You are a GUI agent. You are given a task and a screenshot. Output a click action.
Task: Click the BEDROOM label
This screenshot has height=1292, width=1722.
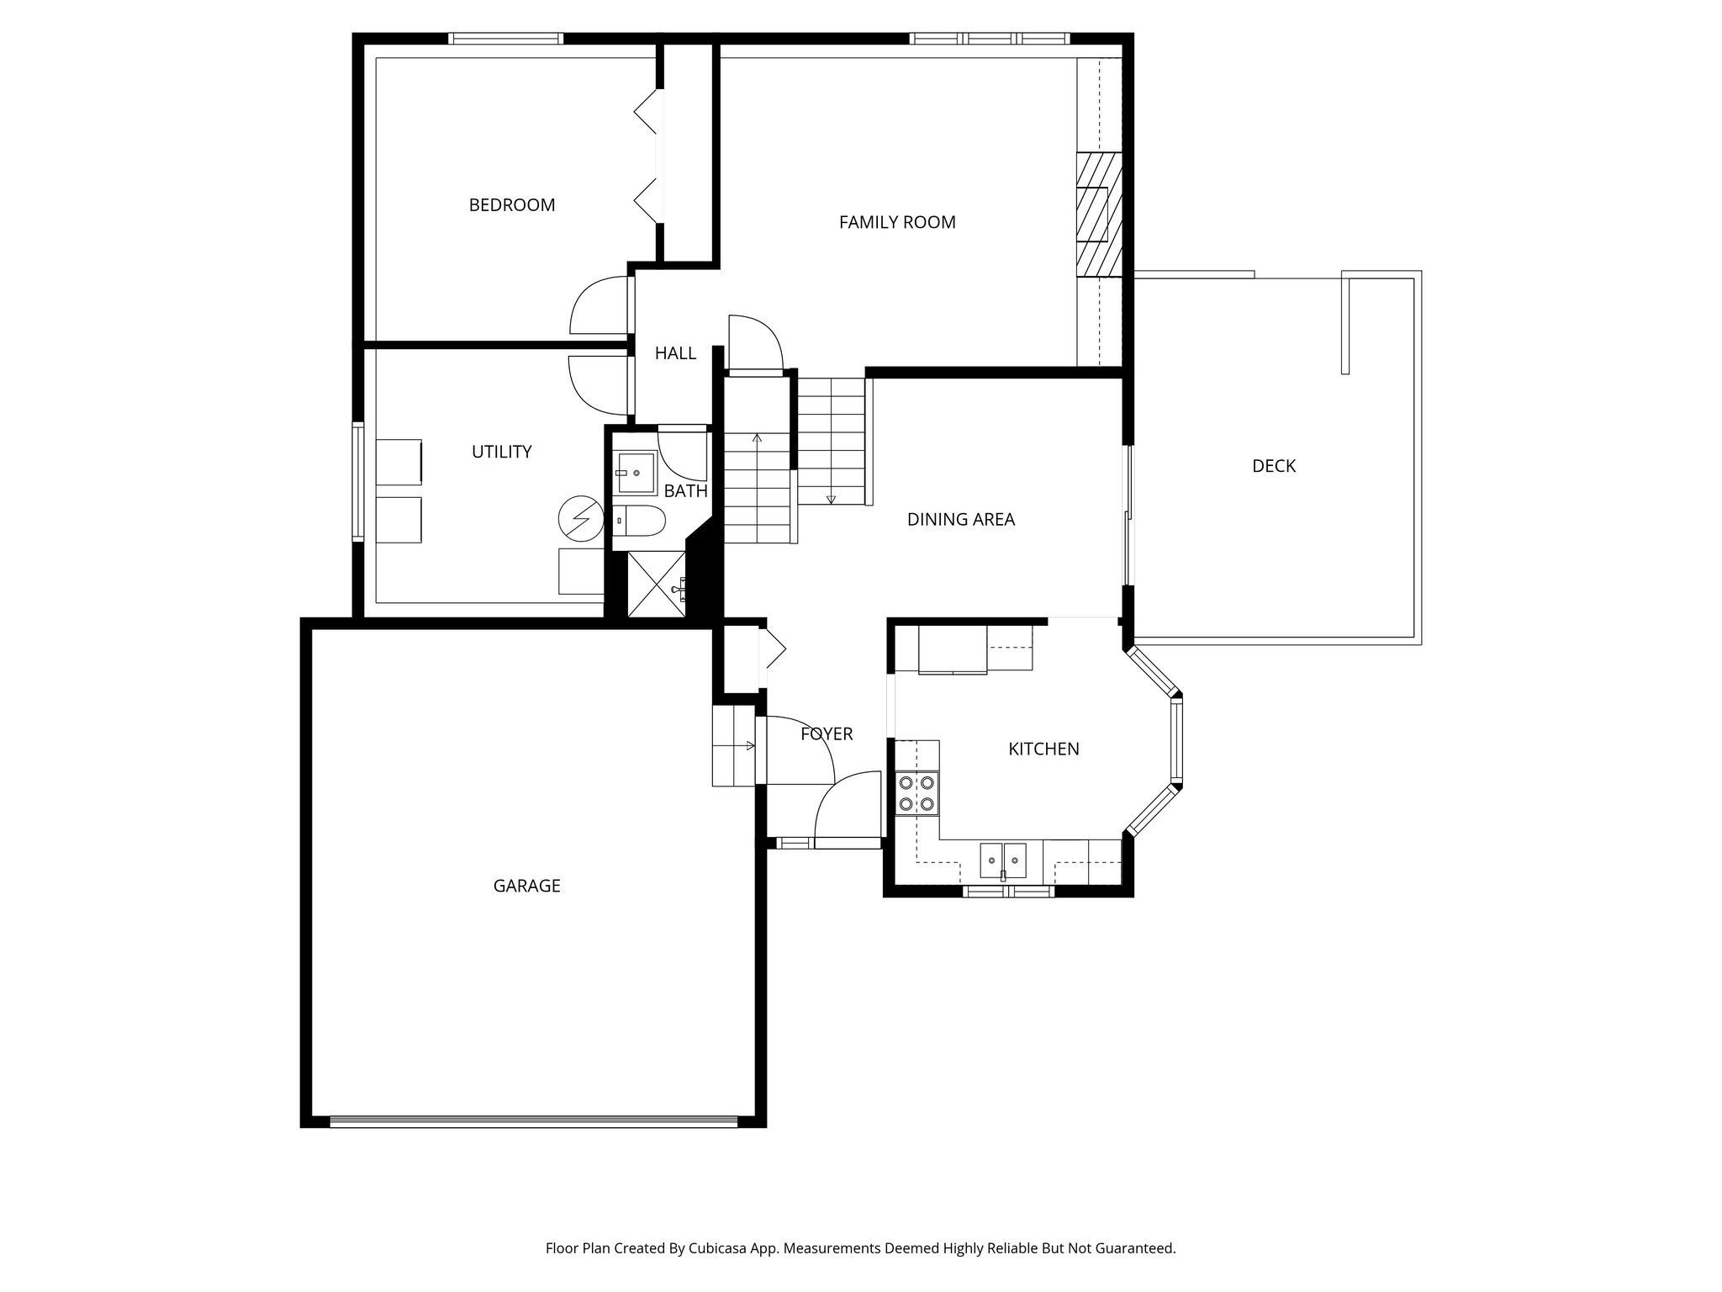click(511, 205)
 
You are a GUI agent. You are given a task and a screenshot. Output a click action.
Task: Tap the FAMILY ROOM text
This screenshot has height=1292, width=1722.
click(897, 223)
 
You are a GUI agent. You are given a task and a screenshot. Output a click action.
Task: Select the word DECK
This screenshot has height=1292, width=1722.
click(1273, 466)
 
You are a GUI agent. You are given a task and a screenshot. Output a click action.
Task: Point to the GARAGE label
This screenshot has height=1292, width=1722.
click(526, 886)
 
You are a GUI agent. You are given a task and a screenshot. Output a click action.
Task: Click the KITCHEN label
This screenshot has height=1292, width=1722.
click(1043, 749)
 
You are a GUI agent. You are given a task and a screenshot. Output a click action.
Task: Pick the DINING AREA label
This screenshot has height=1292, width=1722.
click(960, 520)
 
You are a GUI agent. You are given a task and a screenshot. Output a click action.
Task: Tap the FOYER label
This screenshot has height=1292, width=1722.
click(826, 734)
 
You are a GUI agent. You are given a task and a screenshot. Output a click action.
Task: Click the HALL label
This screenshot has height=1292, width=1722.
click(675, 354)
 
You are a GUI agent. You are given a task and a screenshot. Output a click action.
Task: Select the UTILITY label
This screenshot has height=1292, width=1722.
click(501, 453)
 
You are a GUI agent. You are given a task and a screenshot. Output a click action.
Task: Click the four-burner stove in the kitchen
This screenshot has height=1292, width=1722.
click(916, 792)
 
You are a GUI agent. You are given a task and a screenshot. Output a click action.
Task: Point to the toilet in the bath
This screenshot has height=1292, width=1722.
click(639, 522)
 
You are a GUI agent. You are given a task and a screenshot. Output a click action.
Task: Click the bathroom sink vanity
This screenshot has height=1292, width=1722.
click(636, 472)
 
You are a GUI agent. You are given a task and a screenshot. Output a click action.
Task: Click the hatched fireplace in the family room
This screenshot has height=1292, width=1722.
click(1100, 214)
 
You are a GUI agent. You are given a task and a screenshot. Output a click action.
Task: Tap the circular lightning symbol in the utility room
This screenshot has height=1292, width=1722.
click(581, 520)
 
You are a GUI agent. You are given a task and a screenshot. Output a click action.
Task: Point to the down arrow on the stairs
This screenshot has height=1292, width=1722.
click(831, 498)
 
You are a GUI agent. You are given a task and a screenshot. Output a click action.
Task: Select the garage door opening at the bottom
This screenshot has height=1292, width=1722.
click(534, 1121)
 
